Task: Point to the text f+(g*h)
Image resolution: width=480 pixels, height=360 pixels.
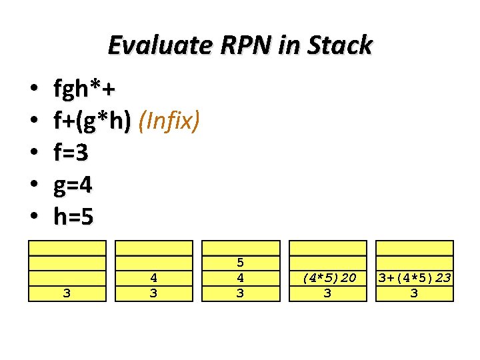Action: tap(93, 121)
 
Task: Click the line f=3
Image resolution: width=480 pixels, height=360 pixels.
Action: tap(71, 153)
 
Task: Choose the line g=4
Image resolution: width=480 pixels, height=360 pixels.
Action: tap(73, 185)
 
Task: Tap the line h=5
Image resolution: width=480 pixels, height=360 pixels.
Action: tap(73, 217)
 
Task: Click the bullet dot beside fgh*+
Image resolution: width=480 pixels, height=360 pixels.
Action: tap(32, 89)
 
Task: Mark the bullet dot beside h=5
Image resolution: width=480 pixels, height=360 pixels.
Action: tap(32, 217)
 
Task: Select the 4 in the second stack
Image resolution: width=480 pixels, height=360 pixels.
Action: tap(154, 277)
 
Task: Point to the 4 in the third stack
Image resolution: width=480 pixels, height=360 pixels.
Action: tap(241, 277)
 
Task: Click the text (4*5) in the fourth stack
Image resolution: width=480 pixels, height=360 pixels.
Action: tap(316, 277)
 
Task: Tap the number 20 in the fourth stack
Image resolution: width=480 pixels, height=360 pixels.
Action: tap(347, 277)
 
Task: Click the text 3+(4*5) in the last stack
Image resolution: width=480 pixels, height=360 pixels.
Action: tap(403, 277)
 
